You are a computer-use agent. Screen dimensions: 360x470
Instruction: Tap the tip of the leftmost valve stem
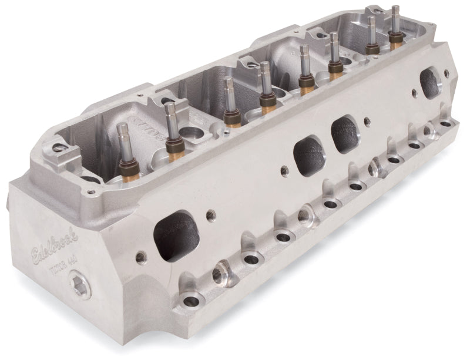point(123,129)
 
